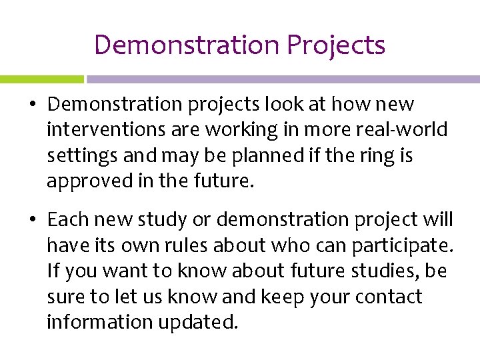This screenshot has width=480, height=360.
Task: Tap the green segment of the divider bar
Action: pos(41,79)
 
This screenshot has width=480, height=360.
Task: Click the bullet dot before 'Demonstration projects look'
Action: pos(33,105)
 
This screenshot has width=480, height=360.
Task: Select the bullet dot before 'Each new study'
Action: pos(33,220)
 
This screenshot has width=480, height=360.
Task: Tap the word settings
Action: pos(71,156)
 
